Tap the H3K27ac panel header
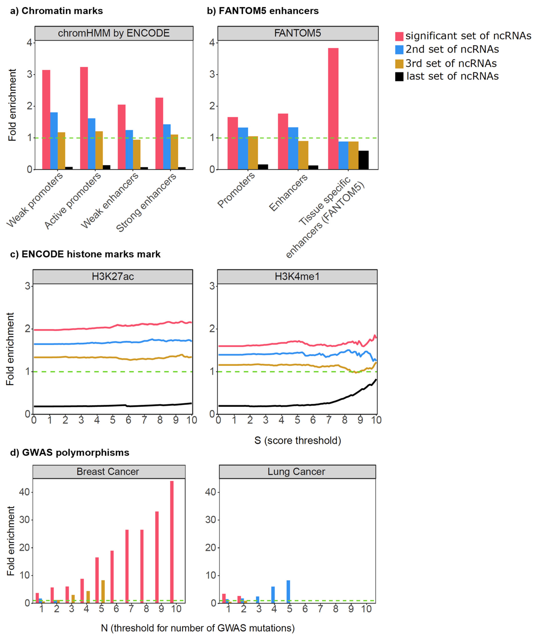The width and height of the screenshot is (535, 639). tap(113, 276)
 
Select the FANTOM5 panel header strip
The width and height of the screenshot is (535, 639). tap(298, 33)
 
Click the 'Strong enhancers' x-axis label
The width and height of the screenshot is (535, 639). tap(146, 202)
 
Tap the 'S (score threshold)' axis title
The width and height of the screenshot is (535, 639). tap(297, 440)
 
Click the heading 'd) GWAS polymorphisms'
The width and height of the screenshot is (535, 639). tap(70, 453)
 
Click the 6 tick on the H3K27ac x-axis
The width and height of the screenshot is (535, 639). tap(129, 420)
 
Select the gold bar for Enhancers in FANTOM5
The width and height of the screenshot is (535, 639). tap(303, 155)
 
